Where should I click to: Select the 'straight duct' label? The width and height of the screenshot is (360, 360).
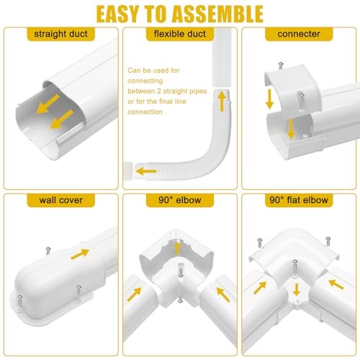point(60,34)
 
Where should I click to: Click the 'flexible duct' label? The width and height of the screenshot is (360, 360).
point(179,34)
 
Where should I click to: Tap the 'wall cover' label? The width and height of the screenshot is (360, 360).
point(60,199)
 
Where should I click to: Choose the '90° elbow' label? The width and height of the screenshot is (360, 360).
point(179,199)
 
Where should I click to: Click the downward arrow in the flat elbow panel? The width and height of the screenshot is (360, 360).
point(295,290)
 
